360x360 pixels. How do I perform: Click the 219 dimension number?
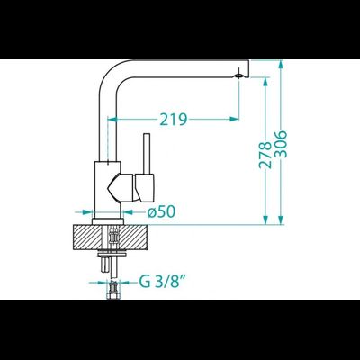(x=174, y=120)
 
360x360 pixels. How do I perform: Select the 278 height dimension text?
(x=265, y=155)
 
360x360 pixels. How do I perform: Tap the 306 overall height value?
(x=281, y=144)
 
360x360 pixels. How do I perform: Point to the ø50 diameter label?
(x=161, y=212)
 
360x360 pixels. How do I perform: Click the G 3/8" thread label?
(x=162, y=282)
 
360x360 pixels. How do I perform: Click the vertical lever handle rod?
(x=147, y=154)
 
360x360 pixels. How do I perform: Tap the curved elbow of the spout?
(x=112, y=74)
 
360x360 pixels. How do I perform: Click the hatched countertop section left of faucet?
(x=87, y=237)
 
